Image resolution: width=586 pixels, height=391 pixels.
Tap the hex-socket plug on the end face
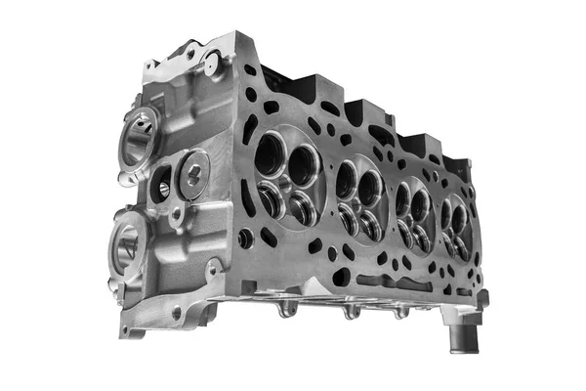coord(193,174)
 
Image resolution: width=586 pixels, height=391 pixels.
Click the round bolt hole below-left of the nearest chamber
coord(246,238)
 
